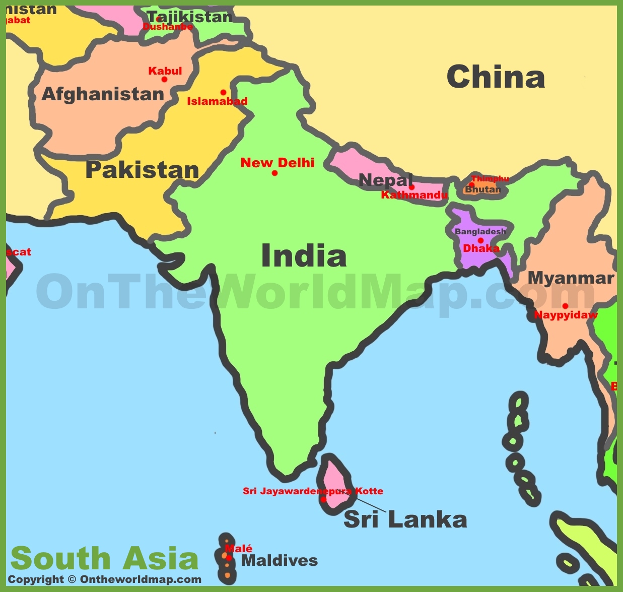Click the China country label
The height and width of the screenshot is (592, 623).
click(496, 77)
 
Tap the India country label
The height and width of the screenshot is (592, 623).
click(304, 256)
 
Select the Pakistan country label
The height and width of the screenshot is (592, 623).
click(143, 170)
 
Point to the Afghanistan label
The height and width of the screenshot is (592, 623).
click(103, 94)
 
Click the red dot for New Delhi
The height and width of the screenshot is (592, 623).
click(274, 173)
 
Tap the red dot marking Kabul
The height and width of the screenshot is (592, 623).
click(164, 79)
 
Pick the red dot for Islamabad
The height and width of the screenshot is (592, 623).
click(223, 92)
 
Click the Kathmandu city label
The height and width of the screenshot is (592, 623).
click(414, 195)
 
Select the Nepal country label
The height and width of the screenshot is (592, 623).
click(386, 180)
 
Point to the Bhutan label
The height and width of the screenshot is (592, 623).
click(482, 189)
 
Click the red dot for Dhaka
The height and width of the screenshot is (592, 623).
click(480, 240)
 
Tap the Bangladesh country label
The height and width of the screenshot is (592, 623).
click(480, 231)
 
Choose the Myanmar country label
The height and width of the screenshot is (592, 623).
click(571, 278)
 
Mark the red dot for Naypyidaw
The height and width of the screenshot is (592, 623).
click(565, 306)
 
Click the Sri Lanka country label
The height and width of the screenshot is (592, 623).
click(405, 519)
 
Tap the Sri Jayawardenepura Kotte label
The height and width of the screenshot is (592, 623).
click(313, 491)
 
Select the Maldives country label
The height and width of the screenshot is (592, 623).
click(280, 560)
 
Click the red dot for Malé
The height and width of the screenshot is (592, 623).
click(229, 558)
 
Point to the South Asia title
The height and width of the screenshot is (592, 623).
click(105, 558)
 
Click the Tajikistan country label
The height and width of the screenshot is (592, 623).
click(190, 17)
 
